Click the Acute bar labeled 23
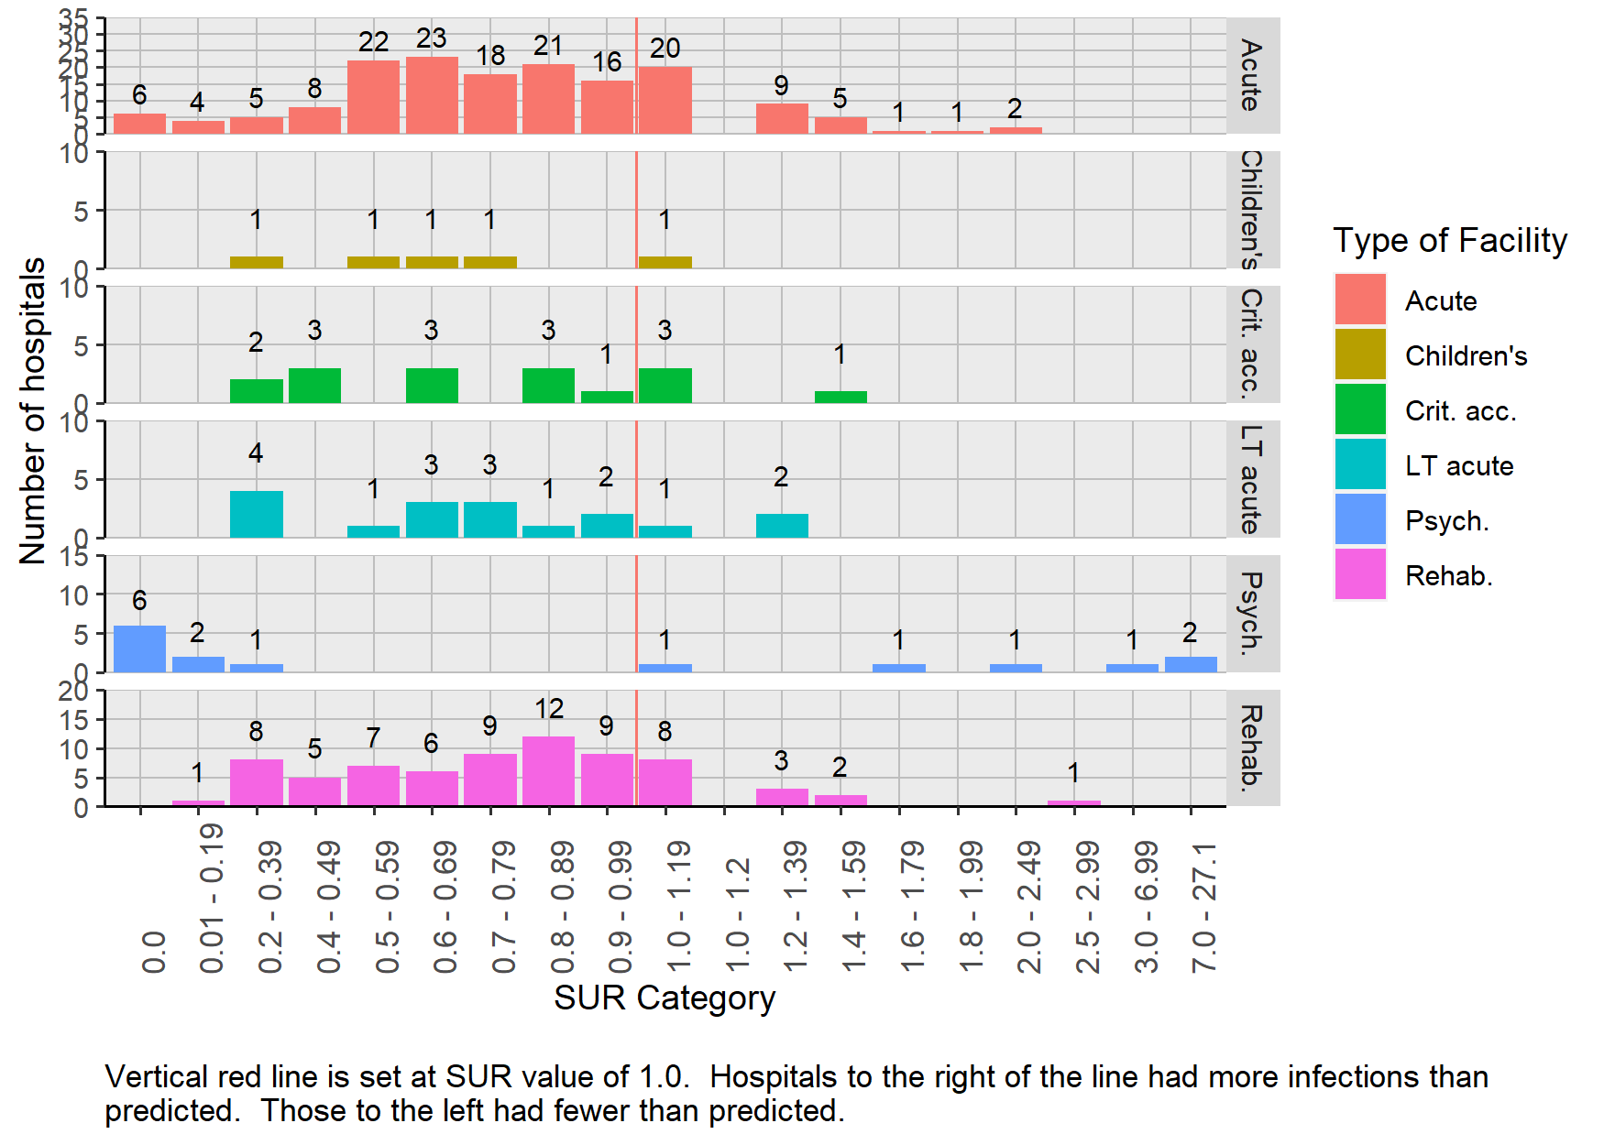(432, 95)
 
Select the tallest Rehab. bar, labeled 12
(548, 771)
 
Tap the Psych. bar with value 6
(139, 649)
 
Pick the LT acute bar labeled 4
(257, 514)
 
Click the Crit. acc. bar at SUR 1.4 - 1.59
(840, 398)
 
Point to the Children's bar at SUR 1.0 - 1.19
(665, 263)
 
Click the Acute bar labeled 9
(782, 118)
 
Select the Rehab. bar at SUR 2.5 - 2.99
(1074, 803)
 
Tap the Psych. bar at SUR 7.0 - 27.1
(1191, 664)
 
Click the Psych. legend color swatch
(1360, 520)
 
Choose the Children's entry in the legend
(1466, 356)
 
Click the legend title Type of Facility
(1450, 241)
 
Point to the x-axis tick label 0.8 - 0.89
(562, 907)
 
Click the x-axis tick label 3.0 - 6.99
(1146, 907)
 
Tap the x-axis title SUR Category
(665, 998)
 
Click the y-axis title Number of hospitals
(33, 410)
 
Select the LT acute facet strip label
(1252, 479)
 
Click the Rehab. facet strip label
(1252, 748)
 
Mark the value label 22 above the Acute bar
(373, 42)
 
